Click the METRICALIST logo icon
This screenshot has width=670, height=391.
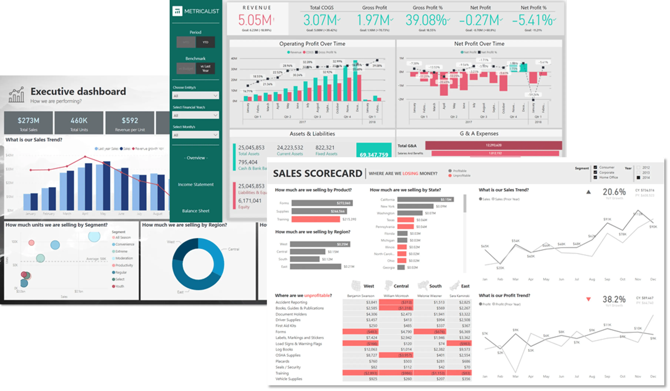(177, 11)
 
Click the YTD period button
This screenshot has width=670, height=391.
(205, 42)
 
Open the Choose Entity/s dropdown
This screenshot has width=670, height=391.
(195, 96)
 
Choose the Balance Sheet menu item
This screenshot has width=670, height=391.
(196, 211)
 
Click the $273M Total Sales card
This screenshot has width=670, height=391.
(29, 123)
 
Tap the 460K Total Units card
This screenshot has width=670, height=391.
(79, 123)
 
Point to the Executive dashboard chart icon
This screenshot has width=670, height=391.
(16, 95)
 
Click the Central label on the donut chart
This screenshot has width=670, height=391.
(234, 249)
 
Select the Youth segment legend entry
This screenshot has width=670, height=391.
(119, 286)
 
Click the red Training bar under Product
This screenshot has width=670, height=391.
(316, 219)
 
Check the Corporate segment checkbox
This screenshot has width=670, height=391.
(595, 172)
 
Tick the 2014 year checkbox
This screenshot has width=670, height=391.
(638, 178)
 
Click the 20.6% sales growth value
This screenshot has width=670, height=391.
(614, 192)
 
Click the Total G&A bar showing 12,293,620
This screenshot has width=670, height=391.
(494, 145)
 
